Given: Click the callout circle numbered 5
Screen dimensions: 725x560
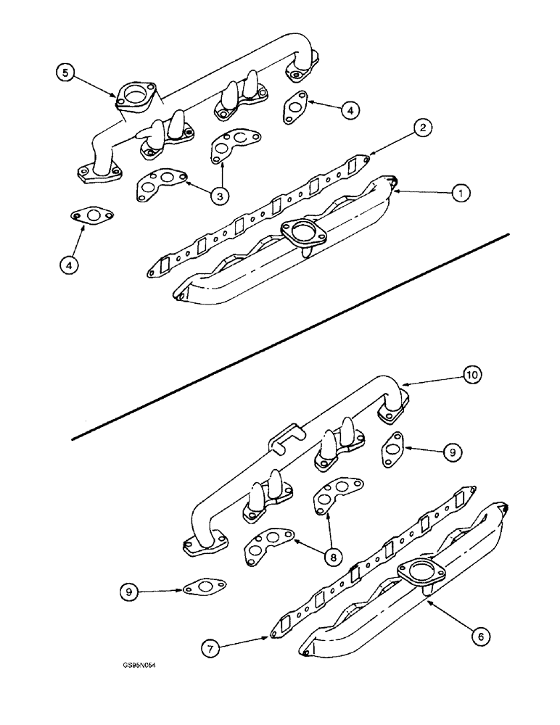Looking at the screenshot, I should [x=66, y=74].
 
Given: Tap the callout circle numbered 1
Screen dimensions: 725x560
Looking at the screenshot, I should [x=460, y=193].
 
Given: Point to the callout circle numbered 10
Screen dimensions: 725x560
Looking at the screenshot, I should [x=472, y=376].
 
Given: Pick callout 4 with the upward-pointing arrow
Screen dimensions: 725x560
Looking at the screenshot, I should [x=68, y=265].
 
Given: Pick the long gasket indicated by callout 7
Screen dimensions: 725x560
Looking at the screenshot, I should [x=370, y=558].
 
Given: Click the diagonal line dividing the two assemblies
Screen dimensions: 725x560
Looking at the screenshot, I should [x=290, y=336].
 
